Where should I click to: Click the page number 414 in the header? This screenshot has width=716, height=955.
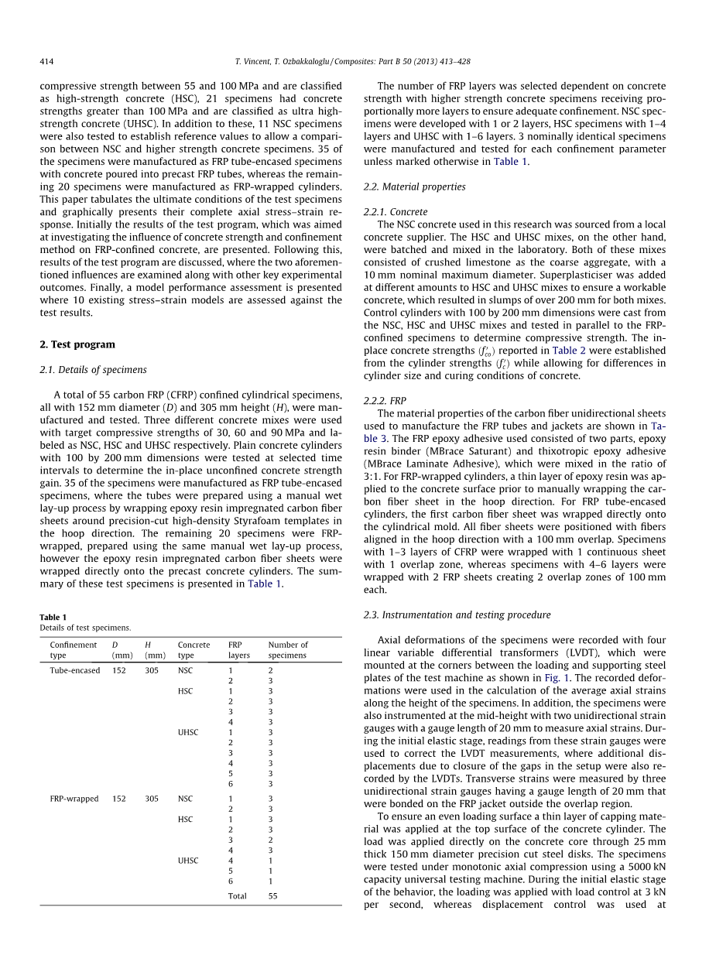tap(46, 61)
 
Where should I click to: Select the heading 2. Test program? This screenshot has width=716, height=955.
tap(77, 344)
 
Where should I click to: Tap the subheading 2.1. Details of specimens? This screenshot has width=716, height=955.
tap(93, 370)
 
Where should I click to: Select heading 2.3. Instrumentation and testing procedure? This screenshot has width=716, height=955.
tap(457, 614)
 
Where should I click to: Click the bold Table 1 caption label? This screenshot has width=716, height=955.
tap(53, 617)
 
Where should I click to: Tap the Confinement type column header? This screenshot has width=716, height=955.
tap(74, 649)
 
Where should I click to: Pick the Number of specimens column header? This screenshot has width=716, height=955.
tap(288, 649)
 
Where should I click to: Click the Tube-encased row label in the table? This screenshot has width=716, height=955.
tap(75, 670)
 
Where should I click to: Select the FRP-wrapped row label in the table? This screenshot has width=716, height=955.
tap(74, 799)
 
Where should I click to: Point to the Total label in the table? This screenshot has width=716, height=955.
tap(238, 896)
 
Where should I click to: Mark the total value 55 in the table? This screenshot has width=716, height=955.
tap(273, 896)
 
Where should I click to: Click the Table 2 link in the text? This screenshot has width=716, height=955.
tap(570, 351)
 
